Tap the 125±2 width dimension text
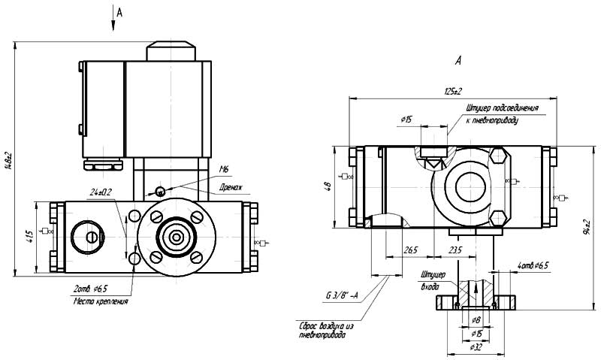coord(452,92)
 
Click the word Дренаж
coord(230,186)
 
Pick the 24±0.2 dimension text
coord(101,192)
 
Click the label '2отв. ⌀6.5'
coord(90,289)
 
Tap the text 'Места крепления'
coord(101,302)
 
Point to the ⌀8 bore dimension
coord(476,320)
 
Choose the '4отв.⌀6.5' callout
coord(533,265)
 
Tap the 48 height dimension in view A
coord(325,186)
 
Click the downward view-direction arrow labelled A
coord(113,21)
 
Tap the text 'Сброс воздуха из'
coord(328,327)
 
